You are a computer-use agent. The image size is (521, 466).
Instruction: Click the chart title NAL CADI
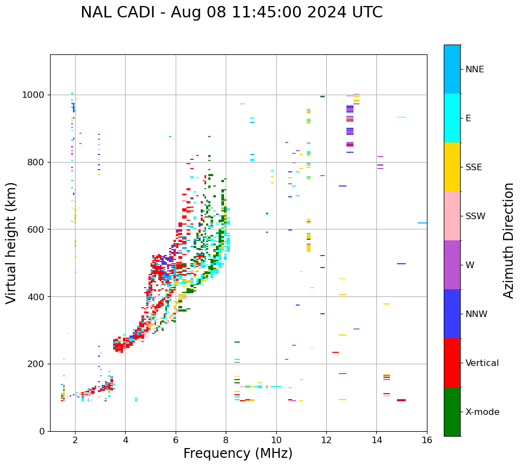pos(231,13)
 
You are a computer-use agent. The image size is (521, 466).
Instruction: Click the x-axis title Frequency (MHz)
pos(238,453)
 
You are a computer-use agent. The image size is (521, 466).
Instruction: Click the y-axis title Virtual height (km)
pos(11,243)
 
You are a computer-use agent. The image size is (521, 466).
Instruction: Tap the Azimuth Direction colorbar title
pos(508,240)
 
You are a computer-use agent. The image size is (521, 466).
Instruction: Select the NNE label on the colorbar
pos(475,70)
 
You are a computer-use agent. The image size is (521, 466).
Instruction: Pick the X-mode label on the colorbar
pos(482,412)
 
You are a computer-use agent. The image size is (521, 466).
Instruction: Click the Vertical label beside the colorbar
pos(482,363)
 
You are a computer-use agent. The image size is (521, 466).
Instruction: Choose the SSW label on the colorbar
pos(475,216)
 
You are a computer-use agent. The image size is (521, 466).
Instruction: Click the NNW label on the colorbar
pos(476,314)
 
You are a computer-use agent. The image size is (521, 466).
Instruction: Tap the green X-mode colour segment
pos(452,412)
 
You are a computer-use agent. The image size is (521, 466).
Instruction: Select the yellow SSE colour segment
pos(452,167)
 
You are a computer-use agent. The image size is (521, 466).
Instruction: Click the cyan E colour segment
pos(452,118)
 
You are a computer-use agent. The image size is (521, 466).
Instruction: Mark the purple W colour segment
pos(452,265)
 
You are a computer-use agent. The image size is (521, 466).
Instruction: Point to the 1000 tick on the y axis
pos(33,95)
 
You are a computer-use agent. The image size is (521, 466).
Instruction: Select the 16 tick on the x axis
pos(427,440)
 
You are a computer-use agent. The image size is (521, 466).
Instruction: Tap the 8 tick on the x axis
pos(226,440)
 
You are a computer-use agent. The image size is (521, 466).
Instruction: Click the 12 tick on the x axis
pos(326,440)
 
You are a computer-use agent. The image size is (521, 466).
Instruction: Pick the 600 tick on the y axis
pos(36,229)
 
